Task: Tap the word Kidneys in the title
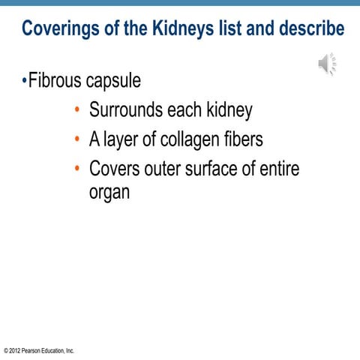point(172,29)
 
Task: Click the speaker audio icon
point(326,64)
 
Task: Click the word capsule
point(115,81)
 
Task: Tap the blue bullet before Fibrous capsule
point(24,80)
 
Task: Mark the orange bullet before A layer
point(77,140)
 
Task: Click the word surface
point(212,169)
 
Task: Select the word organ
point(109,192)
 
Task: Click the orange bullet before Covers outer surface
point(77,169)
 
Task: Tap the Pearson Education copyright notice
point(39,350)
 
